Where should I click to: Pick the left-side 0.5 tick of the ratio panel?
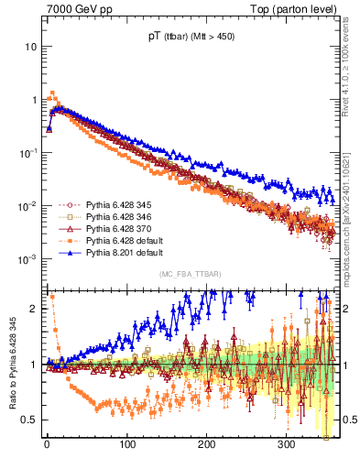pos(33,420)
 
